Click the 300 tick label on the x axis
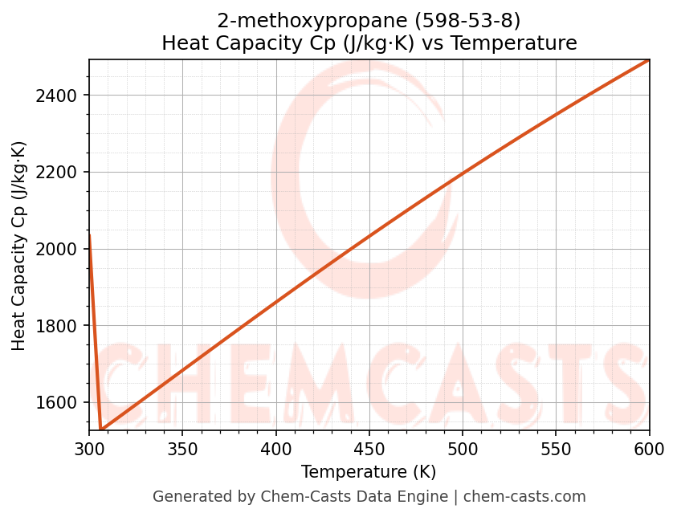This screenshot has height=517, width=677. coord(89,450)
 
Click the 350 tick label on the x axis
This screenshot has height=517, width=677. coord(182,450)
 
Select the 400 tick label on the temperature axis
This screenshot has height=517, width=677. coord(275,450)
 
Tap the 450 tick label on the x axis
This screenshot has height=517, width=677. coord(369,450)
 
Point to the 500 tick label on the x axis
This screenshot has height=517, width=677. coord(463,450)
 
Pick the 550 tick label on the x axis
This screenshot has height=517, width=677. coord(556,450)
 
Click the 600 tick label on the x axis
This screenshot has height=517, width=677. coord(649,450)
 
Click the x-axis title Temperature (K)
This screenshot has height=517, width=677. coord(369,472)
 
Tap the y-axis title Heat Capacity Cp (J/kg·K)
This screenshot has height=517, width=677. coord(19,246)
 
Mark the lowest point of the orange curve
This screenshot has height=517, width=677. coord(101,429)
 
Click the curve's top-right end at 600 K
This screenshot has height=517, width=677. coord(649,59)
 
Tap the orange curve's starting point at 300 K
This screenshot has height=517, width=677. coord(89,235)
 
